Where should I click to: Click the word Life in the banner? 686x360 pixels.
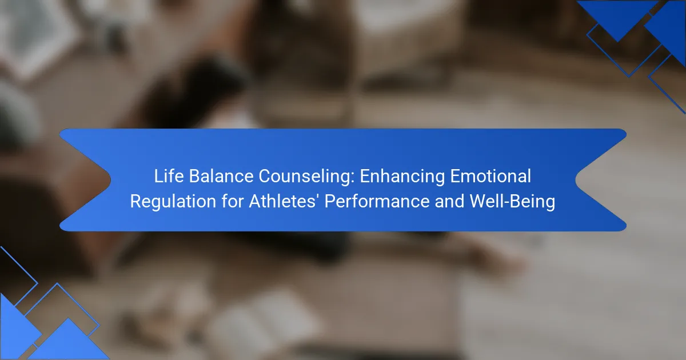[x=169, y=176]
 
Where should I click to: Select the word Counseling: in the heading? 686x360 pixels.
[x=306, y=177]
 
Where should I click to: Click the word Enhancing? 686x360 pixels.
[x=402, y=177]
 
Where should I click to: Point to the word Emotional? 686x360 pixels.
[x=490, y=176]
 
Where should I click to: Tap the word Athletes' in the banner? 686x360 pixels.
[x=282, y=201]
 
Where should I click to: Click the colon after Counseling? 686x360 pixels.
[x=353, y=178]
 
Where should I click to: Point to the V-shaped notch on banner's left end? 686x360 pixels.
[x=110, y=179]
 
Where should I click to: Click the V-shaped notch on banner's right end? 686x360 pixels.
[x=576, y=180]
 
